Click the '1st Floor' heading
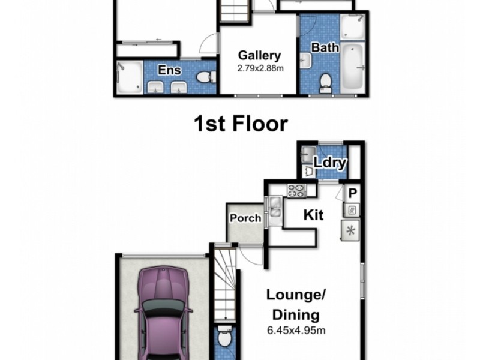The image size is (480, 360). point(240,124)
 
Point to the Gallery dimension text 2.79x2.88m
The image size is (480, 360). point(259,68)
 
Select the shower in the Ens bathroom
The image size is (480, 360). point(130,77)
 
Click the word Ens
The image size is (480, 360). point(169,70)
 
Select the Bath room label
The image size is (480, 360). point(325,47)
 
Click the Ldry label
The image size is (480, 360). point(328,162)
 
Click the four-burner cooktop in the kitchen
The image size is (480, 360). point(296,191)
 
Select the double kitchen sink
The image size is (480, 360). point(275,206)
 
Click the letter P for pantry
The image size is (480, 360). point(353,193)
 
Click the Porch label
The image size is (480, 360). point(245,218)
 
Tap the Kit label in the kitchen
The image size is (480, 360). point(313,215)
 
